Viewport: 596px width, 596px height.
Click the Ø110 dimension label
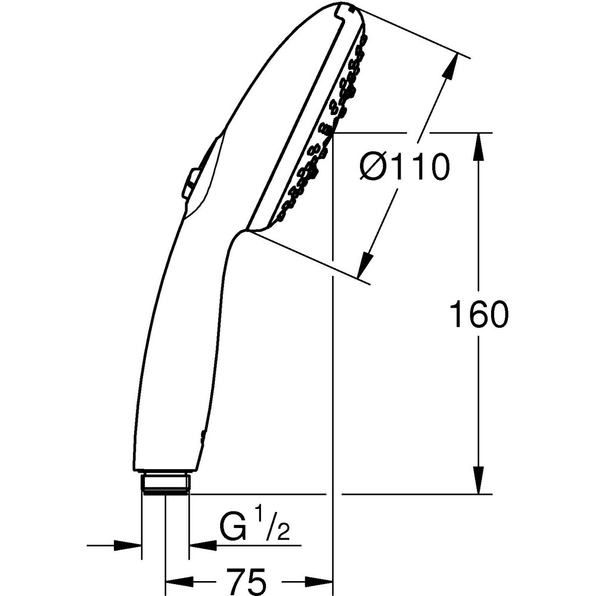[x=404, y=166]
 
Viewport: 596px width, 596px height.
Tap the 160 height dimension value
[x=479, y=314]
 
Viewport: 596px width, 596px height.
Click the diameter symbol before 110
[x=374, y=166]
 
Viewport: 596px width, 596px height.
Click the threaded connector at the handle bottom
[x=166, y=482]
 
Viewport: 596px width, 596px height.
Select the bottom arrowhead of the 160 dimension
[x=479, y=479]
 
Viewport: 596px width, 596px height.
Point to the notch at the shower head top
[x=343, y=8]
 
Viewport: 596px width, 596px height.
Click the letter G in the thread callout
[x=232, y=528]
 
